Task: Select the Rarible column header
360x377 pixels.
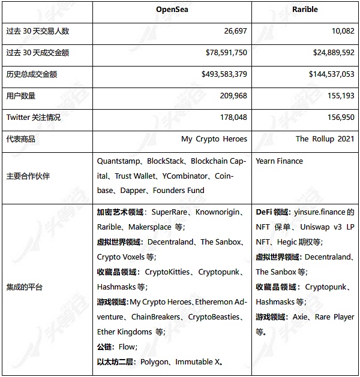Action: click(305, 10)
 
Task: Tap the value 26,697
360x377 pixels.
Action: click(232, 31)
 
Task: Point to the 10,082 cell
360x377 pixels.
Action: click(340, 31)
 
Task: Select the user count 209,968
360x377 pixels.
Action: click(231, 95)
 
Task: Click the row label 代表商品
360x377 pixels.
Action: click(20, 139)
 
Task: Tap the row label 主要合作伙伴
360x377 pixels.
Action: click(28, 176)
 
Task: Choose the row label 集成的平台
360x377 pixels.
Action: click(24, 287)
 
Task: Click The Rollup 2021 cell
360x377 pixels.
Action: click(325, 139)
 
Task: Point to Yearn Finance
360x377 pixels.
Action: click(279, 161)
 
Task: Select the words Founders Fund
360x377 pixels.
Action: click(179, 191)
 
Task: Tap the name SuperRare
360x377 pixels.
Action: click(169, 212)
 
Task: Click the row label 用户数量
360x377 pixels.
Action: click(20, 95)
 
